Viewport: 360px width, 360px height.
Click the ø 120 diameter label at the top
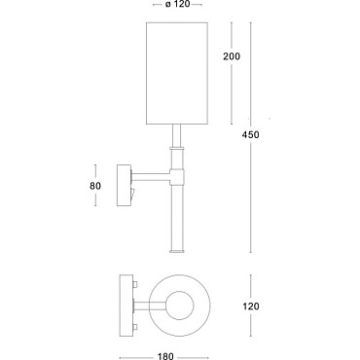[177, 5]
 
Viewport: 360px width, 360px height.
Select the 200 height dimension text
[232, 56]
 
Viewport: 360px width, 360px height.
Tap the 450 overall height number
[250, 134]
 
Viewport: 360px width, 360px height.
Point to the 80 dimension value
[95, 186]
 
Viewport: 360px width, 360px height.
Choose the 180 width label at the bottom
[165, 356]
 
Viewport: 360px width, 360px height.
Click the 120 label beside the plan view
[251, 306]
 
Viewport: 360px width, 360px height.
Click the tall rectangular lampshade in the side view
[177, 73]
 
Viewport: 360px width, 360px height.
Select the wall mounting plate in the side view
[124, 186]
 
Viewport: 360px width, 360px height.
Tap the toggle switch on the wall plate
[132, 194]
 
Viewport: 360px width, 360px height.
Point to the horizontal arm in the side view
[151, 177]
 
